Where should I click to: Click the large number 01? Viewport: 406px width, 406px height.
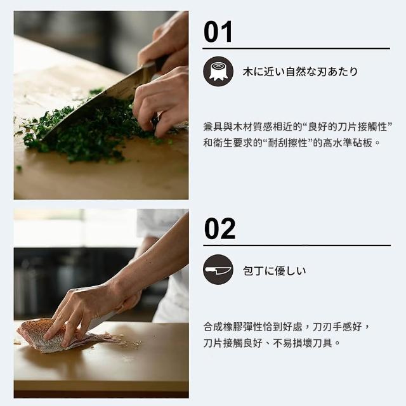pos(218,32)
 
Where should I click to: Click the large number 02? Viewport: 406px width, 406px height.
pos(219,228)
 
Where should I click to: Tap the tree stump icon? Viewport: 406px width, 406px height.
pos(218,72)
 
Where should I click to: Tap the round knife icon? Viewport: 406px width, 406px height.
pos(218,270)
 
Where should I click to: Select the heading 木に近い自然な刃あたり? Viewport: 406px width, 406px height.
pos(300,72)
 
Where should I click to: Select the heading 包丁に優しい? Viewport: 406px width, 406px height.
pos(274,271)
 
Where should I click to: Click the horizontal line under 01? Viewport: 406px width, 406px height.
pos(296,48)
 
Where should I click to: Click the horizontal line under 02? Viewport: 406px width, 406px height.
pos(297,246)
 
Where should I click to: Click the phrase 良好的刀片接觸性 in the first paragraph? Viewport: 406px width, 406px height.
pos(347,127)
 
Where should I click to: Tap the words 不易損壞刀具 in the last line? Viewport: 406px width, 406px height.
pos(303,343)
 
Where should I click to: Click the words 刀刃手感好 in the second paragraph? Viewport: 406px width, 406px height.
pos(337,327)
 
